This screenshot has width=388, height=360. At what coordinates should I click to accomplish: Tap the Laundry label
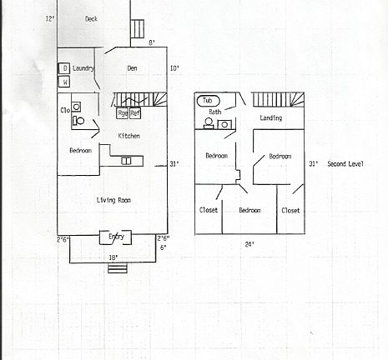(83, 68)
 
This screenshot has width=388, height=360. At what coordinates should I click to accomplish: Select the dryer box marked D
(64, 68)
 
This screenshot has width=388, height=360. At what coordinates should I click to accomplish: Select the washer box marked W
(64, 82)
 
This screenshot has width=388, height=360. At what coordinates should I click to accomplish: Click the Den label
(132, 68)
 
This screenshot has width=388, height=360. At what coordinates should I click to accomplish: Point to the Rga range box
(122, 113)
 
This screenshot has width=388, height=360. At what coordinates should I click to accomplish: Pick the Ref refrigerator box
(135, 113)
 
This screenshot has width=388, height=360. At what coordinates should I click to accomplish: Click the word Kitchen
(128, 136)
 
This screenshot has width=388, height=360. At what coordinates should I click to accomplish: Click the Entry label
(116, 237)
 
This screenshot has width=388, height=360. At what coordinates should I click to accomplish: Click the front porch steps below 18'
(115, 267)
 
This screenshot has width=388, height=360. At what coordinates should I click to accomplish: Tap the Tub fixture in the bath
(205, 101)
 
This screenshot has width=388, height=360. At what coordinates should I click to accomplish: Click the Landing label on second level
(270, 118)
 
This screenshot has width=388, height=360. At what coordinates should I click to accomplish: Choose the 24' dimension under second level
(249, 244)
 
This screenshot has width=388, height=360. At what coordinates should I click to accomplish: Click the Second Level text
(345, 163)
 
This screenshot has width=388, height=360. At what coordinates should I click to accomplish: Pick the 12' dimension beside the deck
(49, 18)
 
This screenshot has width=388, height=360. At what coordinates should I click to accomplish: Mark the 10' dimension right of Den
(174, 68)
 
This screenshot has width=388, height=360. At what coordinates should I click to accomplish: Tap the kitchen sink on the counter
(127, 161)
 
